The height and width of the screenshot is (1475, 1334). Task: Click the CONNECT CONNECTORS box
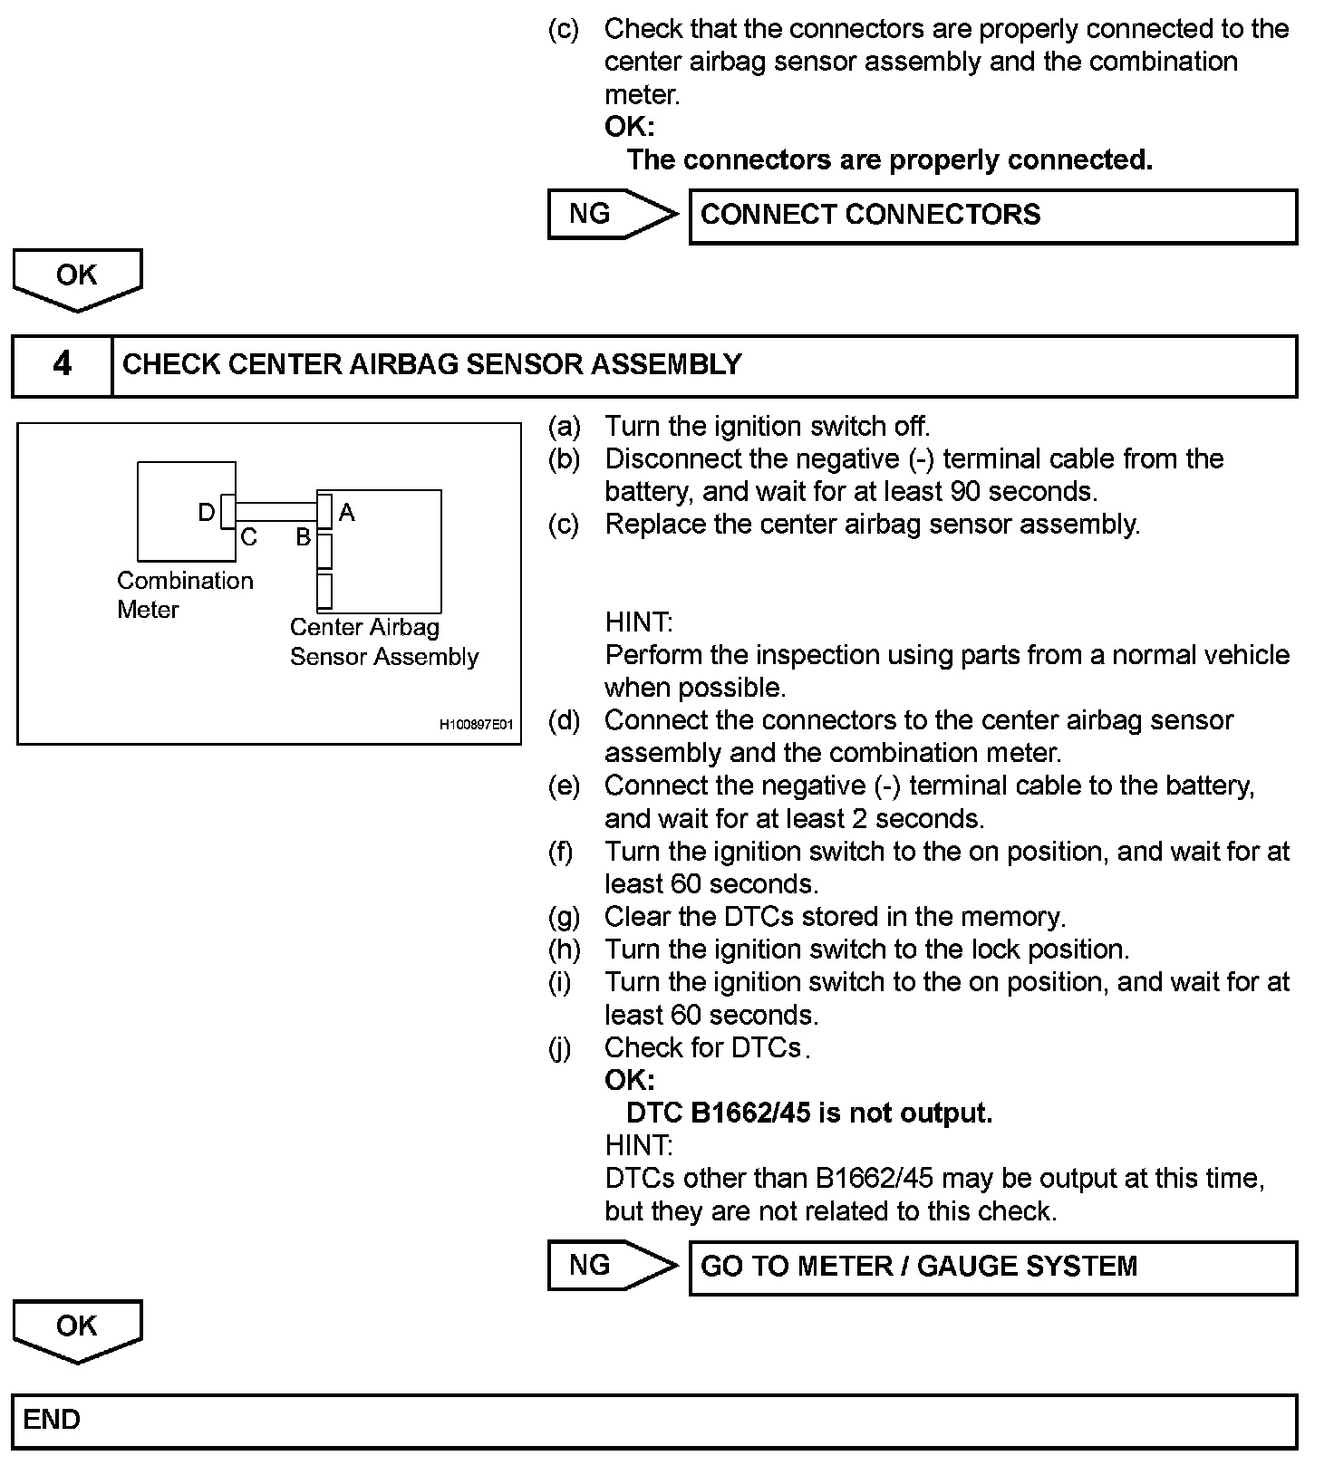click(x=992, y=216)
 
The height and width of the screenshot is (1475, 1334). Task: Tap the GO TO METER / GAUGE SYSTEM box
click(x=992, y=1267)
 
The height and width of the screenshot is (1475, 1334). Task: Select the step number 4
click(x=62, y=364)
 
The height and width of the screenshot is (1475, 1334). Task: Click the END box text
click(x=52, y=1420)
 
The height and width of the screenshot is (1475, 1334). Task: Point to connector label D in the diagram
click(x=207, y=513)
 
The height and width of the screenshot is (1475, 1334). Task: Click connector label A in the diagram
click(x=346, y=513)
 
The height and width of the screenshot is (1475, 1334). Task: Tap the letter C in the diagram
click(x=248, y=538)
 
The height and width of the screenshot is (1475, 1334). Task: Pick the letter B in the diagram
click(x=304, y=538)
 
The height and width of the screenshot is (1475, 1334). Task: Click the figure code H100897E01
click(x=476, y=725)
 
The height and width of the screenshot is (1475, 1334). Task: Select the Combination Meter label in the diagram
click(x=185, y=594)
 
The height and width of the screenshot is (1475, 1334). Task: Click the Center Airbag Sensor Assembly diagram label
click(x=383, y=641)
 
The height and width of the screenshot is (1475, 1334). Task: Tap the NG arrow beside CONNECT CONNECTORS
click(x=612, y=215)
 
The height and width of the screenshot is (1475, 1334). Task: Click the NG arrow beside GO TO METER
click(x=612, y=1266)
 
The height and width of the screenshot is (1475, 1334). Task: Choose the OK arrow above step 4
click(x=77, y=278)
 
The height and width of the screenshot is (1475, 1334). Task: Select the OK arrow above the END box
click(x=77, y=1329)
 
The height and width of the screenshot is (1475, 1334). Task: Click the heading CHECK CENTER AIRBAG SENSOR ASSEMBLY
click(x=431, y=364)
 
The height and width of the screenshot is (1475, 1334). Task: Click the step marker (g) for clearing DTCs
click(x=563, y=917)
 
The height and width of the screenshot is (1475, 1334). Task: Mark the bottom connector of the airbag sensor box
click(x=324, y=591)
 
